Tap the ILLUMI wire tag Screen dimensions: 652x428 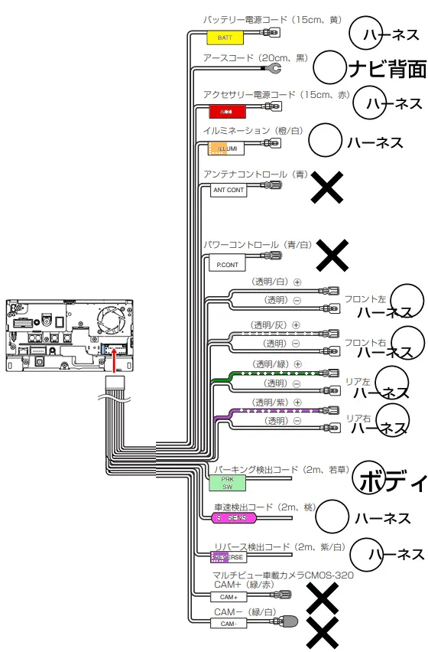coord(227,148)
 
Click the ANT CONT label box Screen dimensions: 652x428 coord(229,190)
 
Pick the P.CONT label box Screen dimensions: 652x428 coord(227,265)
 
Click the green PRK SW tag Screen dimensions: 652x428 coord(227,482)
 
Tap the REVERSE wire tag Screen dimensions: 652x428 coord(227,557)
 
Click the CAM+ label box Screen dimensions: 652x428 coord(229,597)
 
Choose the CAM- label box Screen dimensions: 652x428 coord(229,624)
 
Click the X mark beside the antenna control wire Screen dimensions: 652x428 coord(327,187)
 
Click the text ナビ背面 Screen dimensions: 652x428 coord(387,70)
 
